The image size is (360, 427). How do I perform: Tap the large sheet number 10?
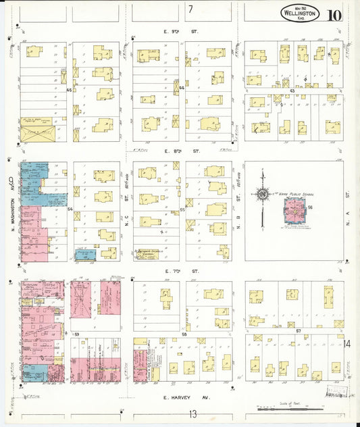[x=334, y=15]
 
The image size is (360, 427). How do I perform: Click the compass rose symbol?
[x=262, y=195]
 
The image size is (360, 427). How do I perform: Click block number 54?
[x=70, y=210]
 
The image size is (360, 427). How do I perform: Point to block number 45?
[x=69, y=89]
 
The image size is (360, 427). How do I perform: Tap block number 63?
[x=293, y=89]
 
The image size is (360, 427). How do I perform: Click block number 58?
[x=184, y=334]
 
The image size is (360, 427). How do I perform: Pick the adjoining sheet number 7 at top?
[x=191, y=9]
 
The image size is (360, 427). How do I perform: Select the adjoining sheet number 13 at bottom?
[x=192, y=413]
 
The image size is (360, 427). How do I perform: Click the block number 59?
[x=77, y=334]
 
